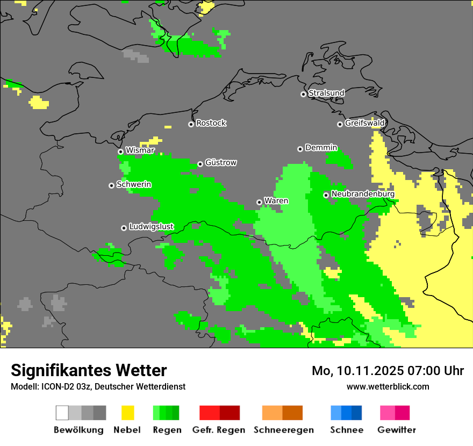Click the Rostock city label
211,123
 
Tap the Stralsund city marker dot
303,94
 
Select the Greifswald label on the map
365,123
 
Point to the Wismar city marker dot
120,152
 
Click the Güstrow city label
221,163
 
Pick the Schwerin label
134,184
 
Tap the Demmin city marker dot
300,149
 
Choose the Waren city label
276,201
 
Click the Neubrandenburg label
363,194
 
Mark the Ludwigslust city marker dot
124,228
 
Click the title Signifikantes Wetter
89,370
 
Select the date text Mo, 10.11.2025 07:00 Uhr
388,371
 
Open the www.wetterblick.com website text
388,386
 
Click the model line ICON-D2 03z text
98,386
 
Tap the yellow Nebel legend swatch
127,413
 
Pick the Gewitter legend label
396,430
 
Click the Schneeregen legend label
283,430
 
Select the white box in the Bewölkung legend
62,413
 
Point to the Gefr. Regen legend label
218,430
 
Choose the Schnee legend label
346,430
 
